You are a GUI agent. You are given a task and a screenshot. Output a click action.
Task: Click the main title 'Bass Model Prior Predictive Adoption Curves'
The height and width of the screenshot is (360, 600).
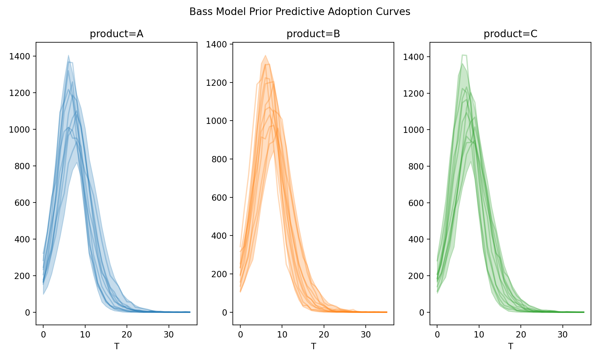click(300, 12)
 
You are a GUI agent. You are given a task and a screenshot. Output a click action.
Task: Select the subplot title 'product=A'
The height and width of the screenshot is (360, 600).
click(116, 34)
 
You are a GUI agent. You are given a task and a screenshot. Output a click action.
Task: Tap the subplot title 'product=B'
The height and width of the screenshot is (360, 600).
click(313, 34)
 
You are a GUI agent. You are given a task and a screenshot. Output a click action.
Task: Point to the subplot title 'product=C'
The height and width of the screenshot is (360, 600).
click(510, 34)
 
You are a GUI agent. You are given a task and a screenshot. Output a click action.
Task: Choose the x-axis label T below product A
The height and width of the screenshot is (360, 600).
click(116, 346)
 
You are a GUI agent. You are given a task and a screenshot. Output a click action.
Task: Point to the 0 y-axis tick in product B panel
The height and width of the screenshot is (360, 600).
click(225, 313)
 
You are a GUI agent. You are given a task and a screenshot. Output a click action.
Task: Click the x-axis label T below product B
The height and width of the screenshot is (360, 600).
click(313, 346)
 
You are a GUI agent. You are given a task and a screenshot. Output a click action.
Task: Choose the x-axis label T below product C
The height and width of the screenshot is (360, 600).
click(510, 346)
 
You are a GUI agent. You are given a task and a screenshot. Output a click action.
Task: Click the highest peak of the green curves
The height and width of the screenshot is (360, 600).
click(464, 55)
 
